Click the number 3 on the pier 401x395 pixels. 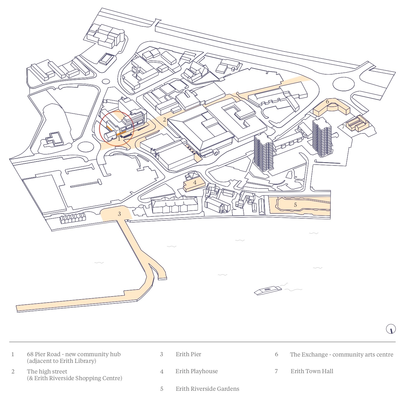click(x=119, y=214)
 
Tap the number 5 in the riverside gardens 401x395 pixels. click(x=296, y=205)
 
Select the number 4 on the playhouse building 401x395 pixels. click(x=195, y=182)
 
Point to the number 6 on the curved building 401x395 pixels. click(x=327, y=102)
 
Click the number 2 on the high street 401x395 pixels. click(x=165, y=120)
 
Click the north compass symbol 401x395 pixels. click(x=391, y=329)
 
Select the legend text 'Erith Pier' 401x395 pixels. click(x=188, y=354)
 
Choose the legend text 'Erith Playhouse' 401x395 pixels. click(x=196, y=371)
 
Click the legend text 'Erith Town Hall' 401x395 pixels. click(x=312, y=371)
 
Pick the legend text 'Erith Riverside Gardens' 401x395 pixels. click(x=207, y=389)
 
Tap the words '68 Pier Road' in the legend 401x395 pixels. click(x=44, y=354)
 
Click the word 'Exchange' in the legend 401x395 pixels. click(x=315, y=355)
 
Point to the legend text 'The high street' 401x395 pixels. click(x=47, y=372)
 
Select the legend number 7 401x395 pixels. click(x=276, y=371)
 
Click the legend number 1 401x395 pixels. click(x=13, y=354)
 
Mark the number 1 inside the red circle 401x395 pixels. click(x=119, y=139)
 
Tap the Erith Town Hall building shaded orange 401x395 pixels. click(x=357, y=124)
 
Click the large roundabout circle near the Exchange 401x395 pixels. click(x=343, y=84)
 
